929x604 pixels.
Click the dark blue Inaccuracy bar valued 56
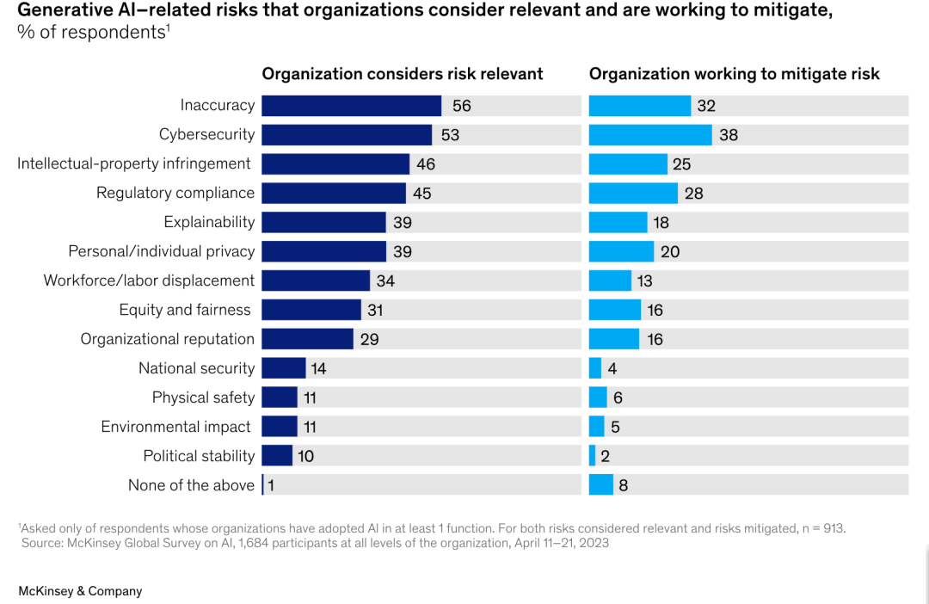pos(351,106)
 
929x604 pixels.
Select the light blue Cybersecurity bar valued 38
pos(650,134)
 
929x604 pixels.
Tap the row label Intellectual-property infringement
pos(134,163)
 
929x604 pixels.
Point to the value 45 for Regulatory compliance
pos(421,194)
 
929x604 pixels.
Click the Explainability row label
pos(209,222)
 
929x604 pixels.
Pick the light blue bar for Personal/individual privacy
pos(622,251)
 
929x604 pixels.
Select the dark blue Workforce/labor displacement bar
pos(316,280)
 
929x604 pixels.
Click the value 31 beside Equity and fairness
pos(375,310)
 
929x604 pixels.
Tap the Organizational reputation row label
pos(168,339)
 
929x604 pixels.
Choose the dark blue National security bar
pos(284,368)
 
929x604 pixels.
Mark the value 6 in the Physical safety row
pos(618,398)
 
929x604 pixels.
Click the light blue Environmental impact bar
pos(597,426)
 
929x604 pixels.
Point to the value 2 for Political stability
pos(605,456)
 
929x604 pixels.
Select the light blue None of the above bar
pos(600,485)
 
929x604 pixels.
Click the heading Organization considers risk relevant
pos(403,73)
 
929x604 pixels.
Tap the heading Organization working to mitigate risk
pos(734,73)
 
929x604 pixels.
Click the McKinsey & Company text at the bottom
pos(80,591)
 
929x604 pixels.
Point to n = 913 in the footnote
pos(823,528)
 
